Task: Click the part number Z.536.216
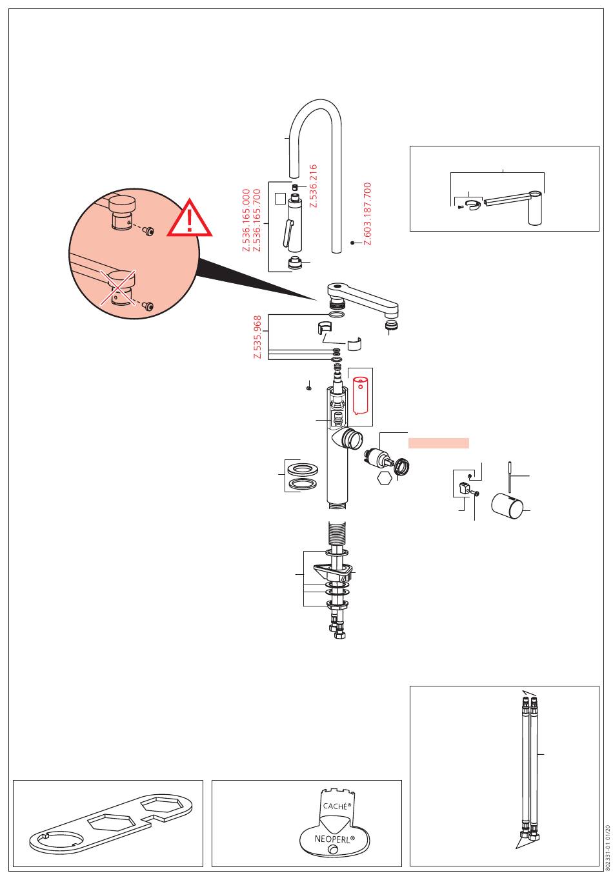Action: coord(313,186)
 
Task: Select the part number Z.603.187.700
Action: coord(367,214)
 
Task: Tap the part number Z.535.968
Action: coord(257,337)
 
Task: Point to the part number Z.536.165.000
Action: coord(246,221)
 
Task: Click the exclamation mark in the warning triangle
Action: coord(190,221)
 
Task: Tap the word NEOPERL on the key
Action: coord(334,839)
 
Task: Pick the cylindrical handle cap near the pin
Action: coord(507,505)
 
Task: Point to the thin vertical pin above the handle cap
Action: coord(510,477)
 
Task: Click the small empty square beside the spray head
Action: coord(280,199)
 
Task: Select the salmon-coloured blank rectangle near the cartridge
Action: coord(439,443)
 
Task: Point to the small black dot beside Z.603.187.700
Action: coord(352,243)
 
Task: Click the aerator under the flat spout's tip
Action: coord(390,324)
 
